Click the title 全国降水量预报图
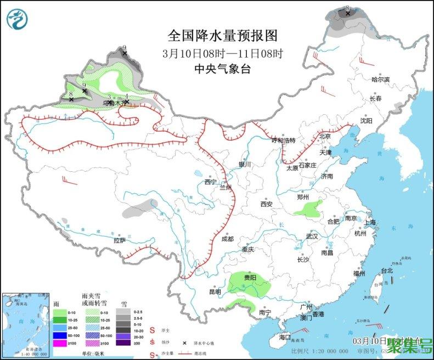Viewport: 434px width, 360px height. point(222,36)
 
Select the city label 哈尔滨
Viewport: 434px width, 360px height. point(380,80)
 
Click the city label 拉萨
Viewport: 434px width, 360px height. point(120,240)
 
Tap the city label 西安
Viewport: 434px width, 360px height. point(267,204)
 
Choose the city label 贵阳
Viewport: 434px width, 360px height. point(250,278)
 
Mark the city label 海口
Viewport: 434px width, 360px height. point(284,336)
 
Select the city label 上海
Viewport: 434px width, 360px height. point(370,222)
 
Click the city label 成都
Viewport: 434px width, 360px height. point(228,239)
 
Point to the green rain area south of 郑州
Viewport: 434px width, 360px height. point(308,209)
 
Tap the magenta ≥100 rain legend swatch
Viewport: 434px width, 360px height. point(60,344)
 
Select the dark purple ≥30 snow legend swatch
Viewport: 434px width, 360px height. point(126,344)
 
